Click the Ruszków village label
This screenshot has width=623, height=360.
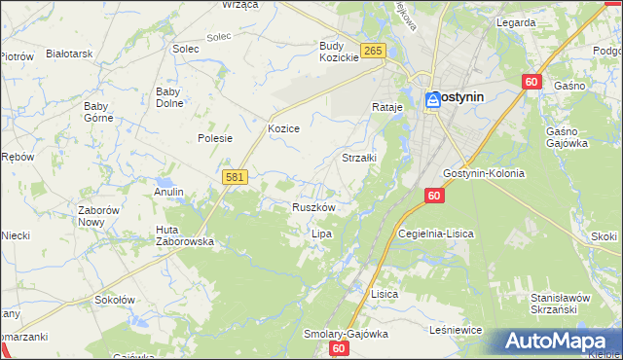coord(313,207)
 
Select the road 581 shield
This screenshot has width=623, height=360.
coord(235,177)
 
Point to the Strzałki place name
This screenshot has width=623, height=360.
coord(360,157)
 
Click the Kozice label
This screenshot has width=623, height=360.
coord(283,128)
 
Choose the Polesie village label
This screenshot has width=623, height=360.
coord(215,138)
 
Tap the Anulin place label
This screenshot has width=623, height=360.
coord(168,192)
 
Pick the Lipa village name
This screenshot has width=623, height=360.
coord(321,234)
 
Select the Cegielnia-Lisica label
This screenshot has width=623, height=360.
coord(435,234)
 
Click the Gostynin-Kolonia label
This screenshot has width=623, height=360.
coord(483,173)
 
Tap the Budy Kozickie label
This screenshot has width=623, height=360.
coord(340,52)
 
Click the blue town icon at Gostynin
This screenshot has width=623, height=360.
coord(431,98)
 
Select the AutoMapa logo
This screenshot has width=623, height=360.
coord(556,341)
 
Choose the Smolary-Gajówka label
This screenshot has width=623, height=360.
coord(346,333)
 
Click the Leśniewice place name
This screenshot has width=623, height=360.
coord(456,331)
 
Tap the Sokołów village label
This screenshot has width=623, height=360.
coord(114,301)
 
